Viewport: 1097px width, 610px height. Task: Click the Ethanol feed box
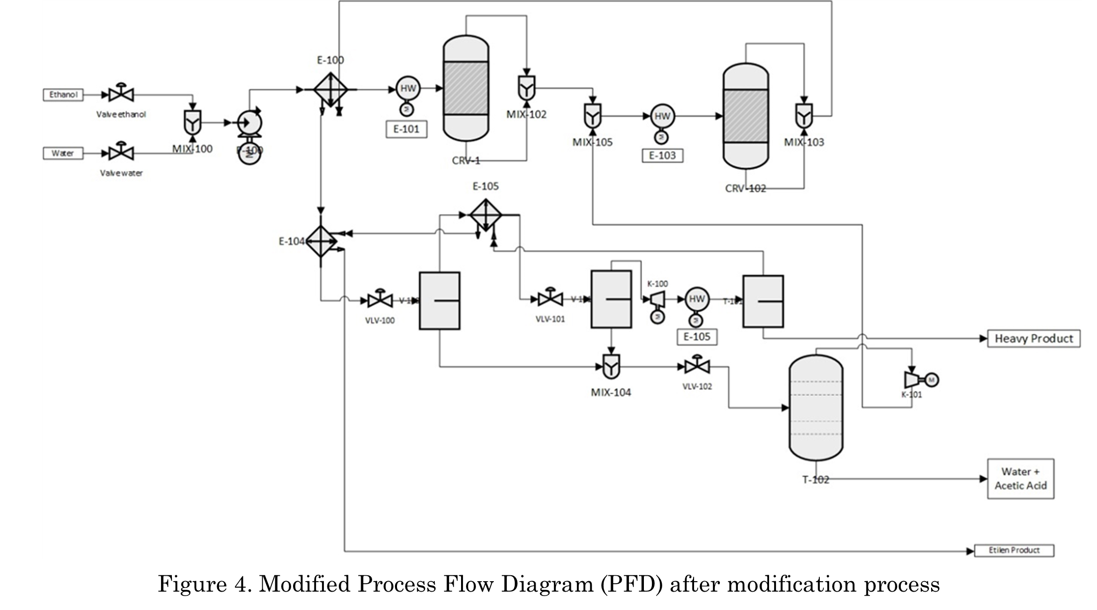[63, 94]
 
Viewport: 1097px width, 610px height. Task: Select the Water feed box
[63, 153]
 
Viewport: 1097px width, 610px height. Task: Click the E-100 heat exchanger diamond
[330, 90]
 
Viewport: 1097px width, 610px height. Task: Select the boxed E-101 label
[406, 129]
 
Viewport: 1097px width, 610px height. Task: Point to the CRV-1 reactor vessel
[466, 88]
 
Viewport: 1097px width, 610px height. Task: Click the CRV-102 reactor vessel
[745, 116]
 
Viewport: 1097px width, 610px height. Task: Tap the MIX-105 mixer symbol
[592, 116]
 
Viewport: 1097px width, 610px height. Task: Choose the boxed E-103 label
[662, 155]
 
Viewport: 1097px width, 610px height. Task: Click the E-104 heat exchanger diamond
[321, 241]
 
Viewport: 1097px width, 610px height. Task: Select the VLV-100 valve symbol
[380, 300]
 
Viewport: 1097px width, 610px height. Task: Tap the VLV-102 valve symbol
[697, 367]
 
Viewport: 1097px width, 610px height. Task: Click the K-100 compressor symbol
[657, 299]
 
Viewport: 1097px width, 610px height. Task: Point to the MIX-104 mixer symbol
[611, 367]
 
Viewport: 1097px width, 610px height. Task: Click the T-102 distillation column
[816, 408]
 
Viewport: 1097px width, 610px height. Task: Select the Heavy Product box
[1033, 339]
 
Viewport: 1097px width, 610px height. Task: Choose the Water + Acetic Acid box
[1020, 478]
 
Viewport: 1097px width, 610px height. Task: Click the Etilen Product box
[1014, 550]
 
